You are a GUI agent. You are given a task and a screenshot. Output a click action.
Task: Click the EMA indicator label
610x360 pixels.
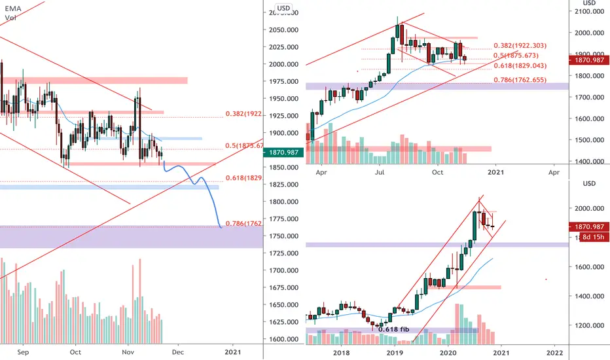click(10, 8)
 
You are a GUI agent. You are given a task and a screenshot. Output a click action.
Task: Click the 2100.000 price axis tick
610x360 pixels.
click(587, 12)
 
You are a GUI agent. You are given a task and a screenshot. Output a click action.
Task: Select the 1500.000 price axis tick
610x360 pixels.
click(587, 140)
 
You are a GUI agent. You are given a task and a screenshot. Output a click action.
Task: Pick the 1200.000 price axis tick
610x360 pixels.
click(587, 325)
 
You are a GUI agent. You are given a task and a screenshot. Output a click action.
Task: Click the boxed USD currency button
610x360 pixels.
click(283, 9)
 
